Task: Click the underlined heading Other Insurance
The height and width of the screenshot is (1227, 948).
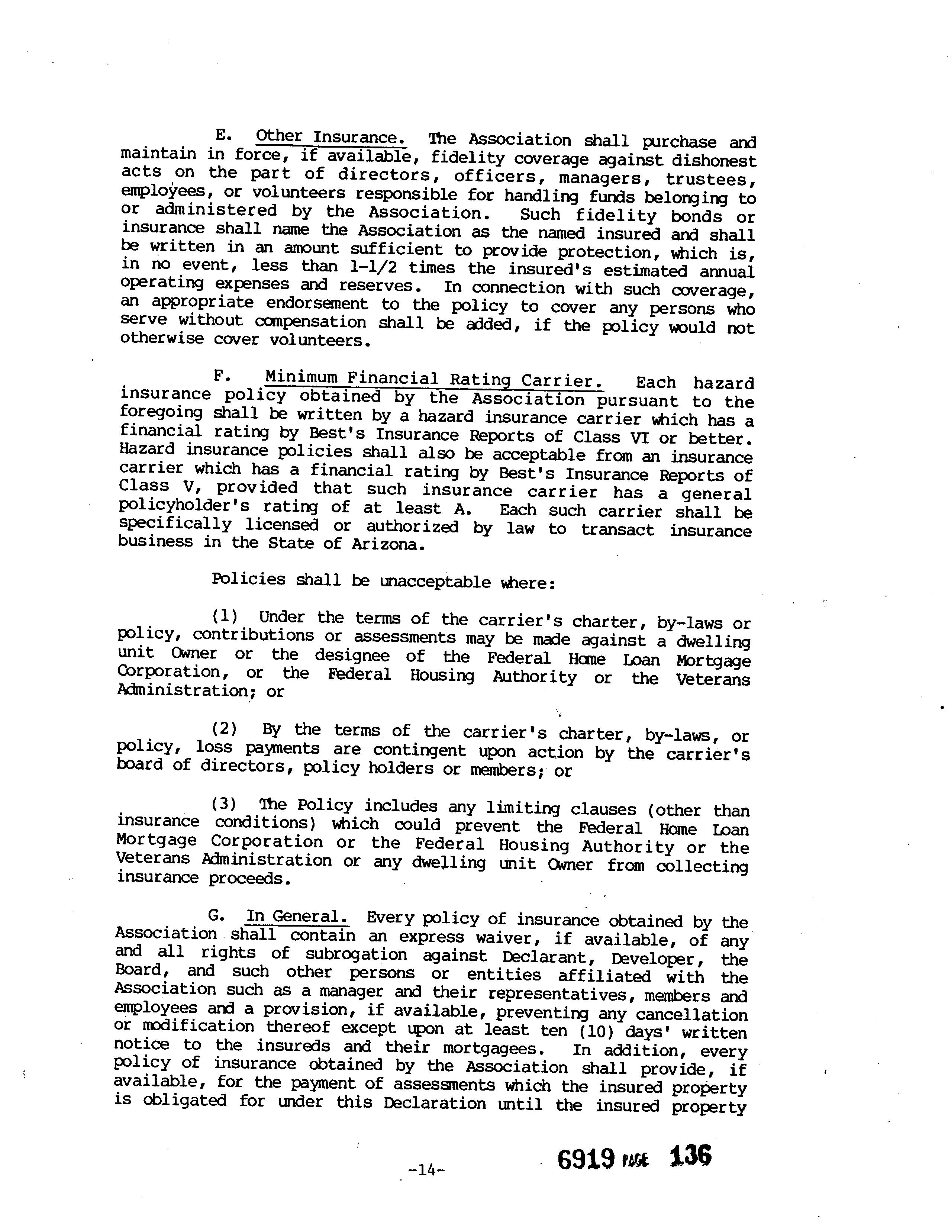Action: coord(331,138)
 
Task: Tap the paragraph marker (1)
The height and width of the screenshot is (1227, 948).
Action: coord(225,617)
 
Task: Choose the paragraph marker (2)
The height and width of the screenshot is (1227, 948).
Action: coord(225,729)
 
